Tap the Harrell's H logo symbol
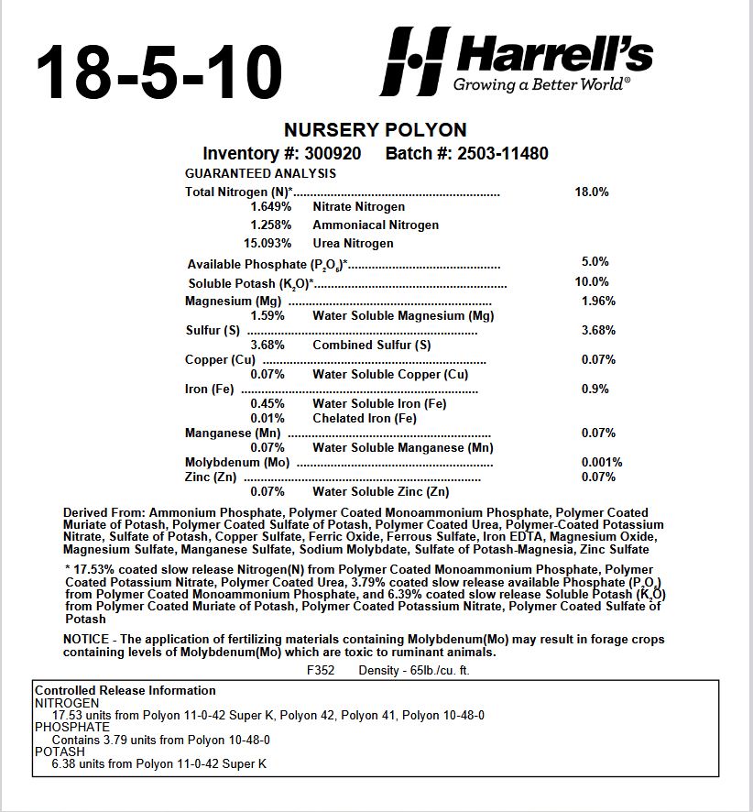415,61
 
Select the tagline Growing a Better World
541,85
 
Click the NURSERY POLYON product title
376,130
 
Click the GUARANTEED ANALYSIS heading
260,173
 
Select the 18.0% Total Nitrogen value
591,192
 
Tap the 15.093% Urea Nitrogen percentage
267,243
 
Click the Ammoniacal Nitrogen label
376,225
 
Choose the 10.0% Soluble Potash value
591,281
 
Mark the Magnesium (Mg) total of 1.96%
598,301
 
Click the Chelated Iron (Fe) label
365,418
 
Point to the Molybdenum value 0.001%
602,462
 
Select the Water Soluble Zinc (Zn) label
381,491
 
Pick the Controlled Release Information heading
125,690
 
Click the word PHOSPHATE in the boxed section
72,727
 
